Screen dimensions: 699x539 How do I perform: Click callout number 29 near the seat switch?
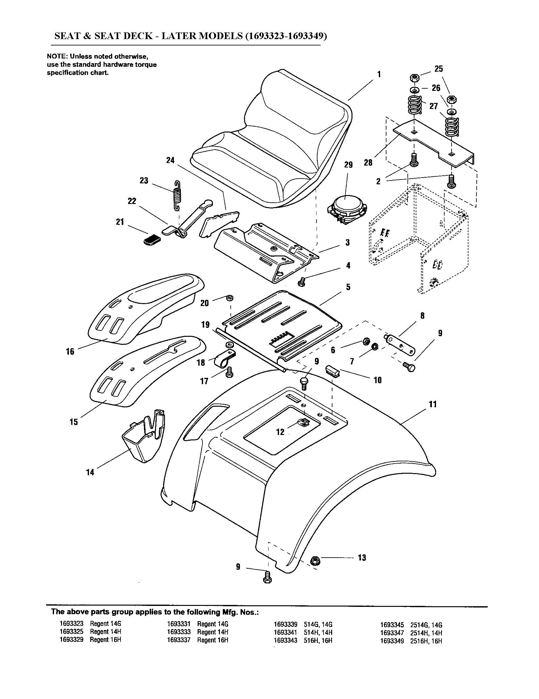click(348, 165)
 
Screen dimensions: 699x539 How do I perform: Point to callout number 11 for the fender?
click(432, 404)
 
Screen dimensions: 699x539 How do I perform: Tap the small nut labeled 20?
click(229, 298)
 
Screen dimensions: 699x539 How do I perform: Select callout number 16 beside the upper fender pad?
click(70, 351)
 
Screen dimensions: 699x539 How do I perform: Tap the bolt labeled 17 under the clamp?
click(229, 373)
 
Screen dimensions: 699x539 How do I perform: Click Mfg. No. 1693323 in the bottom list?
click(72, 624)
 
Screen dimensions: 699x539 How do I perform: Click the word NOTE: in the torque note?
click(57, 57)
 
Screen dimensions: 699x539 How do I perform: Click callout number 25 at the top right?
click(439, 69)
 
